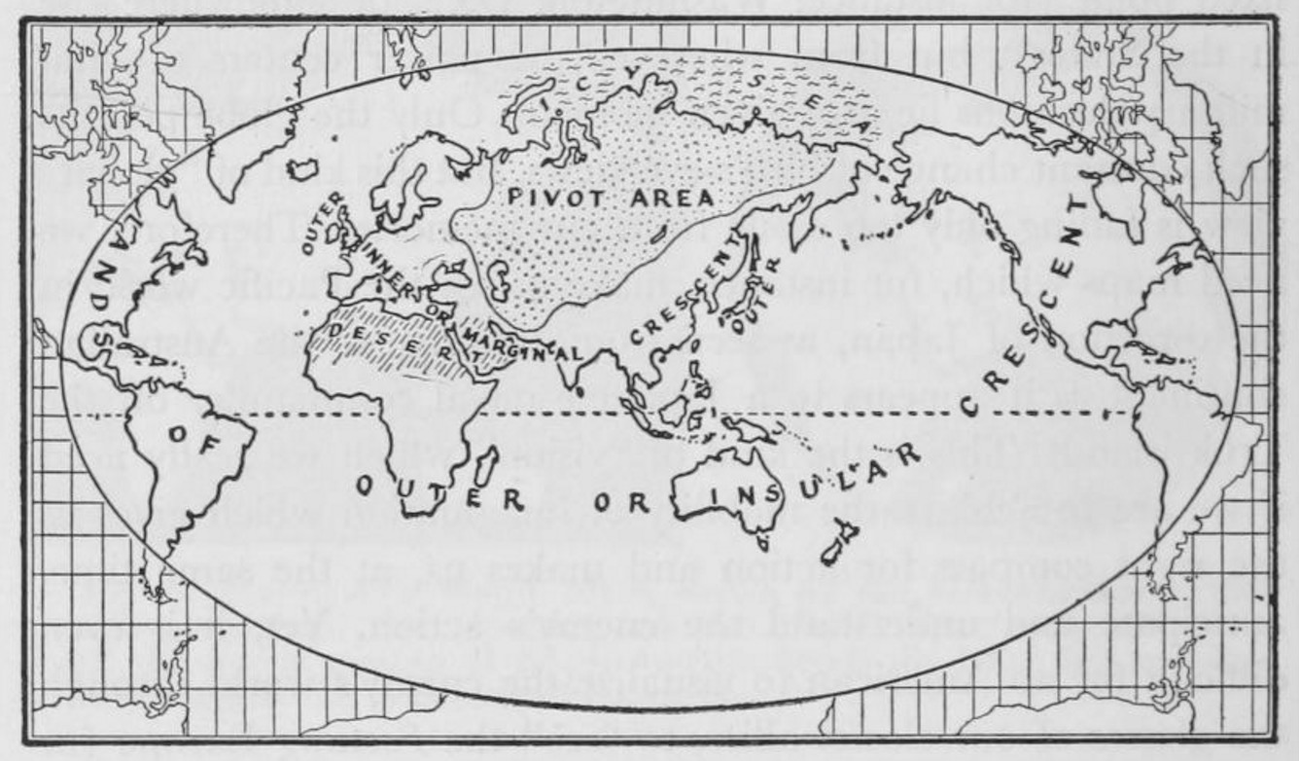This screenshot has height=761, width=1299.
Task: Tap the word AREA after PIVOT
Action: [671, 199]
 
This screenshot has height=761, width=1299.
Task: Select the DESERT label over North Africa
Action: [394, 344]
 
